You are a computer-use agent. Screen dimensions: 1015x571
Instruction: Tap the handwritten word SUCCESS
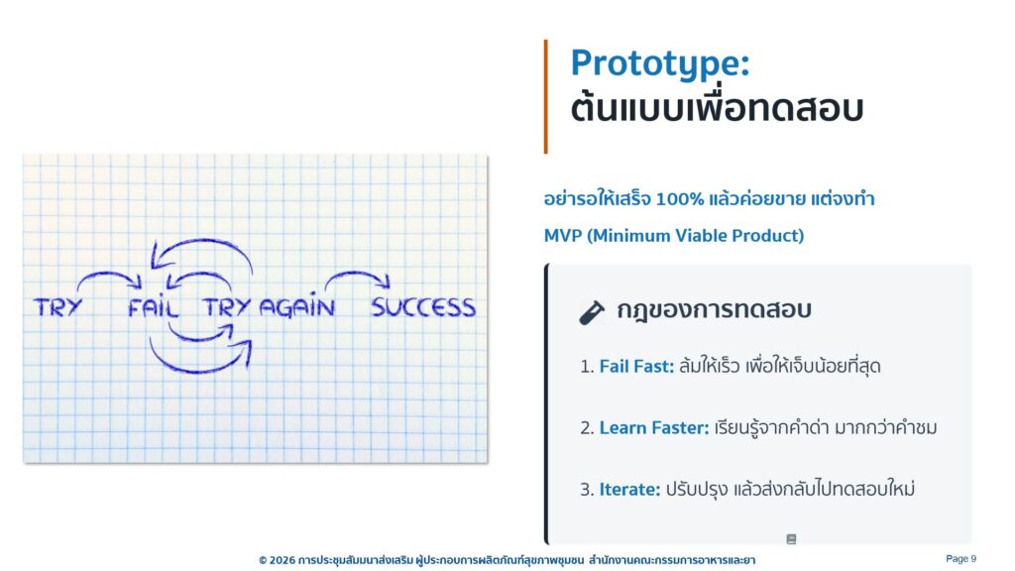(x=423, y=307)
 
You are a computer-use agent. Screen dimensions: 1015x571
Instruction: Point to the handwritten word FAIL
(x=153, y=306)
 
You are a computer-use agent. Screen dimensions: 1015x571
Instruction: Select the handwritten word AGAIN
(x=297, y=305)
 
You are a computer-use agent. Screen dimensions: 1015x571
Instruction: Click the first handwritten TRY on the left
(x=58, y=307)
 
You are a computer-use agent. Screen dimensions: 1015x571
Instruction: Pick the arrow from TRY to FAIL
(x=107, y=275)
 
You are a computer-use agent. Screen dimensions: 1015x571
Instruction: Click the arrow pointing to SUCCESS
(x=357, y=274)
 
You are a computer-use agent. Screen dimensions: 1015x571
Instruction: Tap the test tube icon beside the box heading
(x=592, y=312)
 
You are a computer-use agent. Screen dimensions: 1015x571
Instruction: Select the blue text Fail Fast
(x=636, y=367)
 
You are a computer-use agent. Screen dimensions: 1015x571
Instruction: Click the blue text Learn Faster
(x=654, y=428)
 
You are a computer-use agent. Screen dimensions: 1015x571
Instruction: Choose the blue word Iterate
(x=629, y=490)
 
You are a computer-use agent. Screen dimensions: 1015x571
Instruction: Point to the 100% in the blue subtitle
(x=679, y=198)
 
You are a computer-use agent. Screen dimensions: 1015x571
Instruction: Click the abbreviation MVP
(x=563, y=236)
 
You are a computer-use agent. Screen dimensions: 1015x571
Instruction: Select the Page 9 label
(x=960, y=559)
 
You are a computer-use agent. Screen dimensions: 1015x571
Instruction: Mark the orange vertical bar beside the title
(x=546, y=96)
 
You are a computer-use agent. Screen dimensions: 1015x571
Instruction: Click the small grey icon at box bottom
(x=791, y=539)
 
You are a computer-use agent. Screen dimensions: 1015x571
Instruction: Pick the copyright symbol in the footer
(x=263, y=560)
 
